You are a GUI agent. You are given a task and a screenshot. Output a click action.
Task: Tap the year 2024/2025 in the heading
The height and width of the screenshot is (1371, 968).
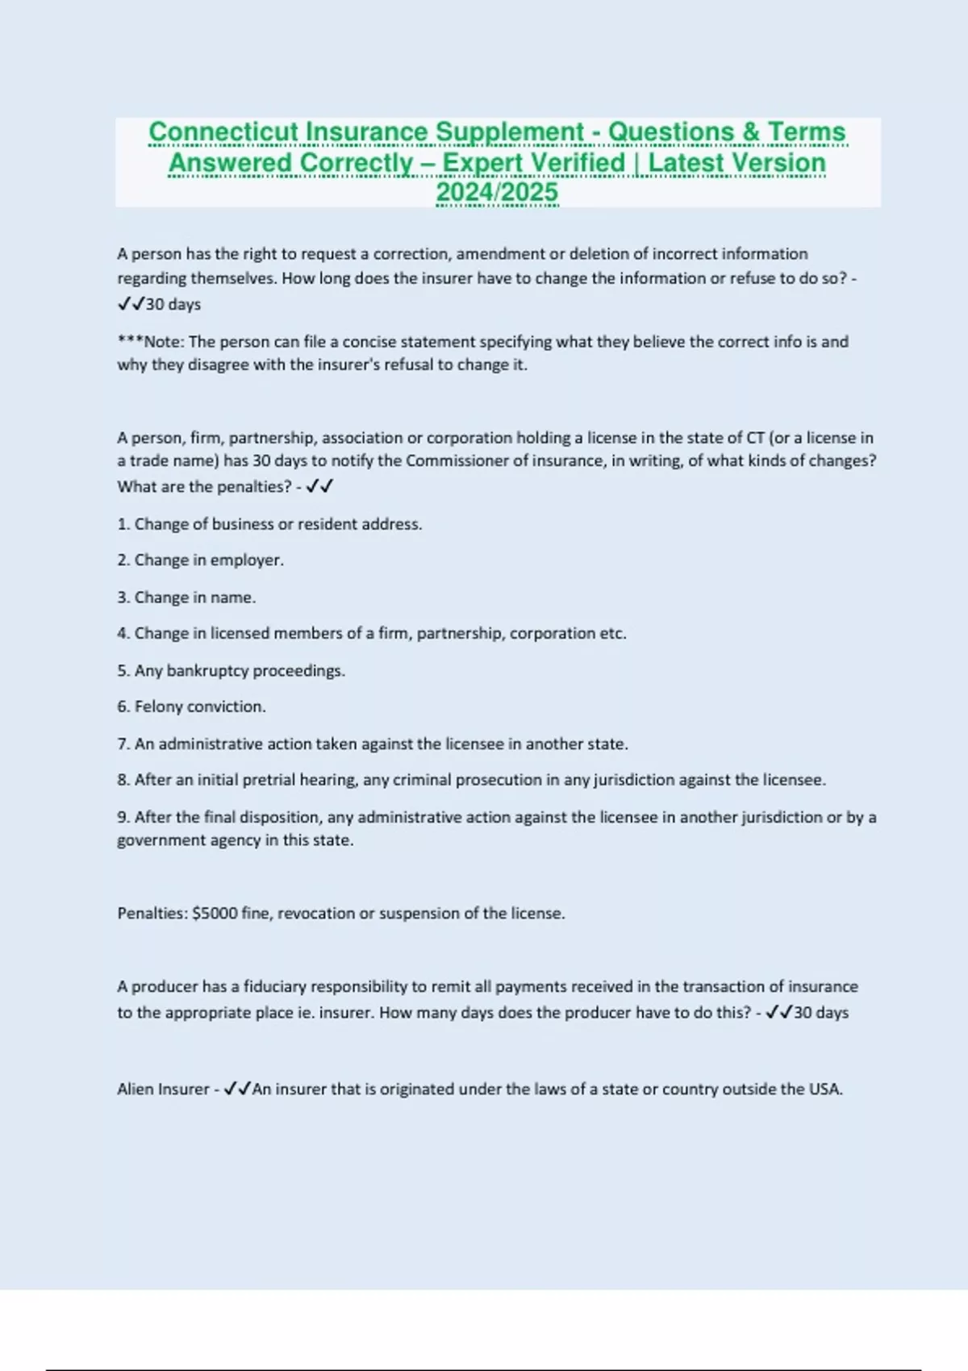pos(497,193)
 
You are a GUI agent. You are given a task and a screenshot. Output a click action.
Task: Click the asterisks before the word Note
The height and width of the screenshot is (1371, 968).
pos(130,341)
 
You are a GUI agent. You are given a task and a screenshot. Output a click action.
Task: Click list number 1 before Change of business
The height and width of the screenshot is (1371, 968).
pos(123,524)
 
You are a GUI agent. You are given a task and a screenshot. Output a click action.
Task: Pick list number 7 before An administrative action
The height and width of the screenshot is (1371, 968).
pos(123,744)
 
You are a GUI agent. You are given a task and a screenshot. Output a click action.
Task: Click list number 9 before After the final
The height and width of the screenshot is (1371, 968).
pos(123,817)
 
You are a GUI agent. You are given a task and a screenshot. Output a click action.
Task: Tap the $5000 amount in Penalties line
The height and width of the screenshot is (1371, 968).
pos(215,914)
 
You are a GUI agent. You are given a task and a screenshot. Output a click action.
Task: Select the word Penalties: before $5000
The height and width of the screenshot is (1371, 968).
pos(152,914)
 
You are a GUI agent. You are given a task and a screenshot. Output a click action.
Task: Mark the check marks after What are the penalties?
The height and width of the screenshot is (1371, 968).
pos(320,486)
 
